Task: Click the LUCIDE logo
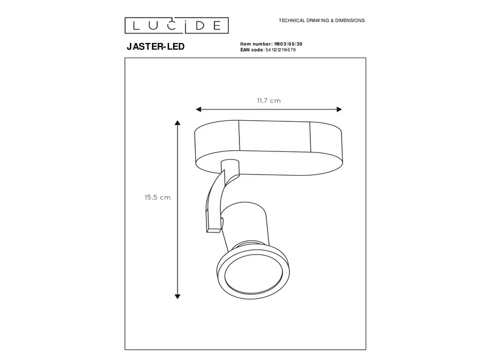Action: [176, 25]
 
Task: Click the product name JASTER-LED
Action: [155, 48]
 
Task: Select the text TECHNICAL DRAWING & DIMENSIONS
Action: [321, 20]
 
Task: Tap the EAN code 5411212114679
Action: [280, 50]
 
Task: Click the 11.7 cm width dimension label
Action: [268, 100]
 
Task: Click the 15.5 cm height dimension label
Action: [157, 197]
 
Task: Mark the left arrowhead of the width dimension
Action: [198, 109]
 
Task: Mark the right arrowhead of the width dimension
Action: [339, 109]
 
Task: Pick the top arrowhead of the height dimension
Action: [178, 124]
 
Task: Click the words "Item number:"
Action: [258, 44]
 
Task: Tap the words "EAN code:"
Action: [252, 50]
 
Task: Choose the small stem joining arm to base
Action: [231, 170]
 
